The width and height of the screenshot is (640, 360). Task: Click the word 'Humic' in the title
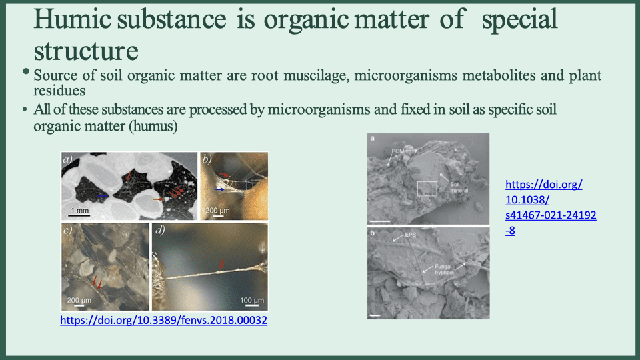click(x=73, y=20)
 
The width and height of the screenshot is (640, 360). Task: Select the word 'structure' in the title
click(x=86, y=50)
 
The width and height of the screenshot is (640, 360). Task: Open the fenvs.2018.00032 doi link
click(x=164, y=321)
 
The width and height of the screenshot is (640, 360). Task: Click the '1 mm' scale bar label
click(x=79, y=210)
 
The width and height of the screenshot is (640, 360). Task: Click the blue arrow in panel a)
click(x=103, y=195)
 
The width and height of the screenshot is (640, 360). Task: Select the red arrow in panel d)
click(x=221, y=266)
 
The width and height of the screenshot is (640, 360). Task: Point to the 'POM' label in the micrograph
click(x=399, y=151)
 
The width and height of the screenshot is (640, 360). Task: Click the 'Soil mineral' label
click(x=459, y=187)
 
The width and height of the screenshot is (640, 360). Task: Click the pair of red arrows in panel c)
click(x=97, y=283)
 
